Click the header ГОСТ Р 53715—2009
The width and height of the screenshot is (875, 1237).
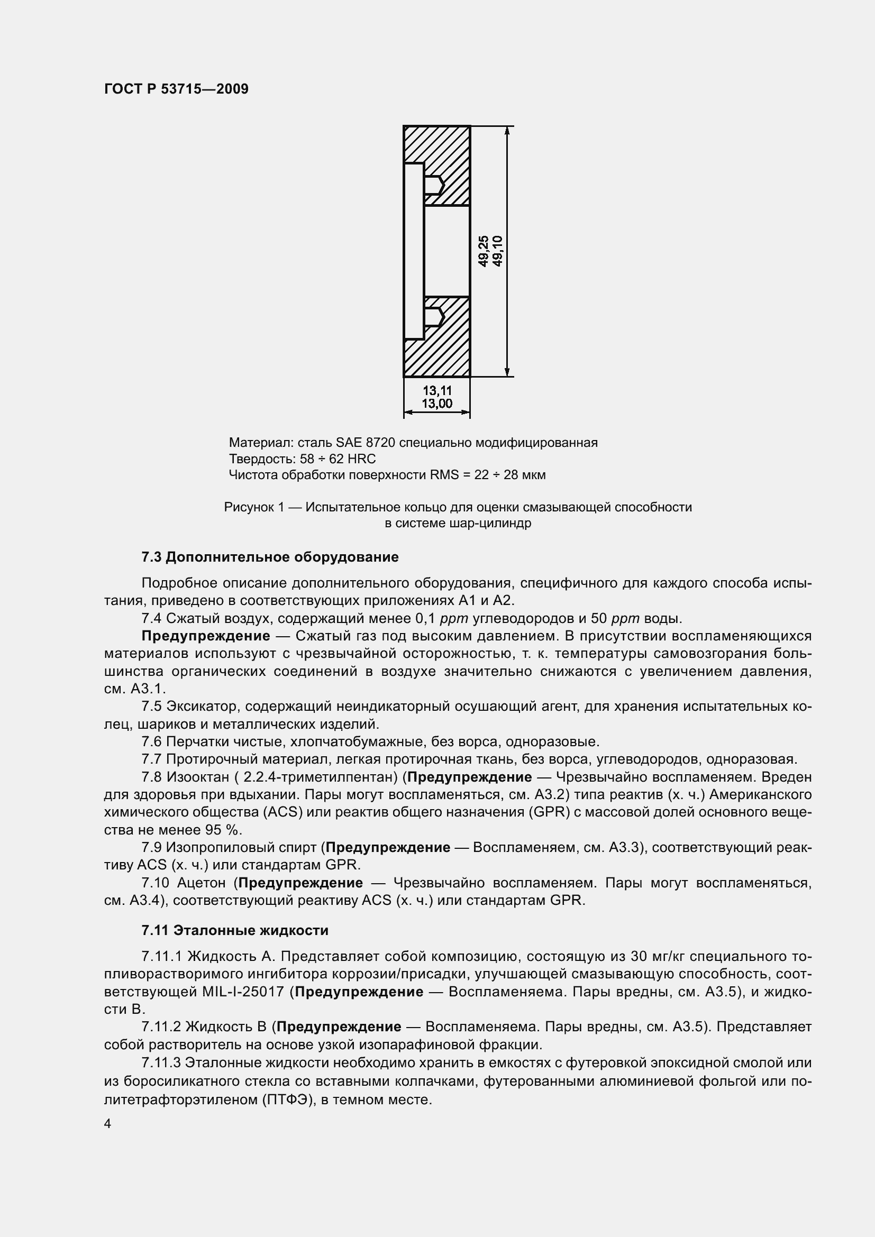[176, 89]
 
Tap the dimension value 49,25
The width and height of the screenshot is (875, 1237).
[484, 251]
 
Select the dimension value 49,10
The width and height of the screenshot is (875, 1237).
[497, 251]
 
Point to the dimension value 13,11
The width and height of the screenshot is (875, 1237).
[437, 391]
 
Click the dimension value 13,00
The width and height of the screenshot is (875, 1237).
[437, 404]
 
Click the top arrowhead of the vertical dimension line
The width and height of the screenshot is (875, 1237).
[507, 131]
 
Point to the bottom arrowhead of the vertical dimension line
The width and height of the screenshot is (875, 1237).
[507, 372]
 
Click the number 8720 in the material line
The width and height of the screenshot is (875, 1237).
[380, 443]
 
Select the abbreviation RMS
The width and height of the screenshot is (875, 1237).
[444, 475]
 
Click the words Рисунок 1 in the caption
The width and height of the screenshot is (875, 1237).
[254, 508]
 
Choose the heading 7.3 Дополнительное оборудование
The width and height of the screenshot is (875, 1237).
[270, 557]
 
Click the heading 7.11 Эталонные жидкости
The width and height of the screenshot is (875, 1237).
[235, 930]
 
